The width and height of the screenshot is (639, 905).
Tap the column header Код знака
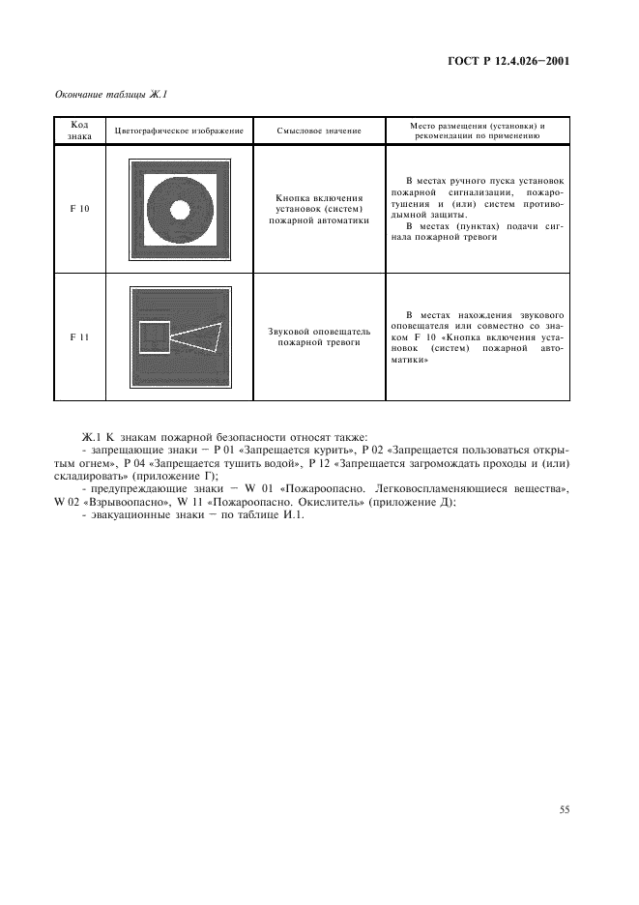[80, 131]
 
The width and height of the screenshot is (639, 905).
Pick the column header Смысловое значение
[318, 131]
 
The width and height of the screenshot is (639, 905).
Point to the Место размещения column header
[478, 131]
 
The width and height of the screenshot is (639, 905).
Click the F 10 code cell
[80, 208]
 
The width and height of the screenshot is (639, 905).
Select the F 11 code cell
[80, 336]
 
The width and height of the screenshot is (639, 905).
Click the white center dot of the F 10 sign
[180, 209]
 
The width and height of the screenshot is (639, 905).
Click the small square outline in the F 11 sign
[155, 337]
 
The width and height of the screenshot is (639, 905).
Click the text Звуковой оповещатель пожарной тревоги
[318, 336]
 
